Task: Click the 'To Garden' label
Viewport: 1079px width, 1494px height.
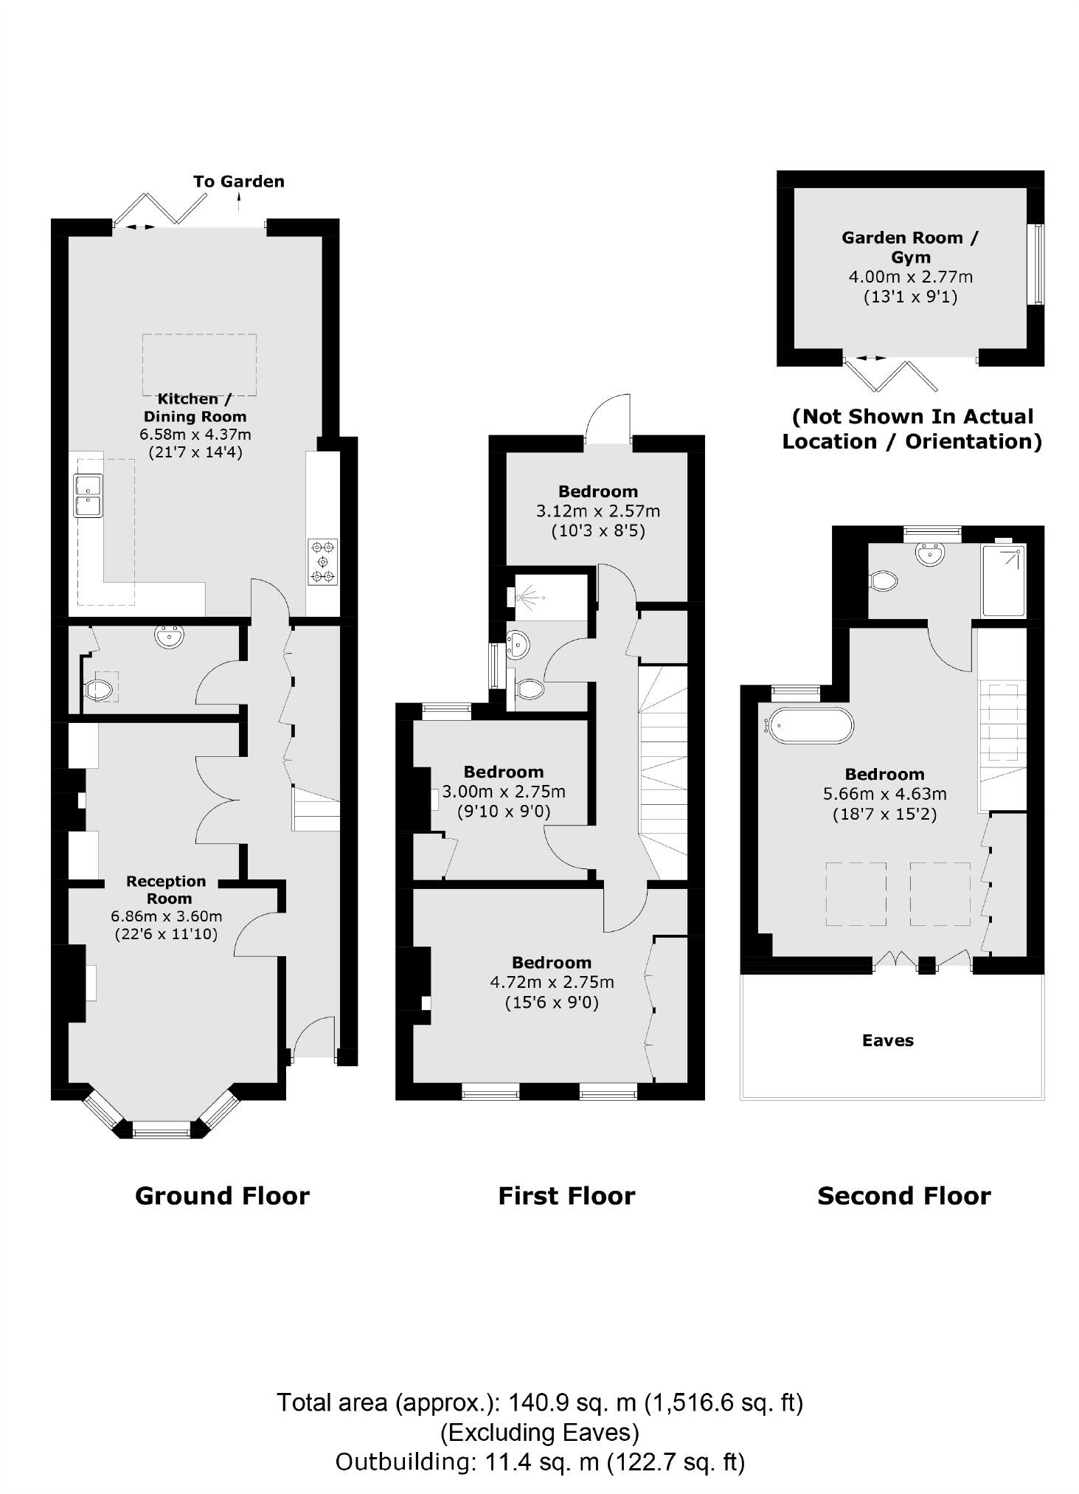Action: click(x=238, y=181)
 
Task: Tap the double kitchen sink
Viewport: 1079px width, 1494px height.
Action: click(x=88, y=496)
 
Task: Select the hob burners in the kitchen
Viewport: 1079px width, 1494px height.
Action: click(x=323, y=561)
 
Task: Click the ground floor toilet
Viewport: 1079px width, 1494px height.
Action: click(x=99, y=690)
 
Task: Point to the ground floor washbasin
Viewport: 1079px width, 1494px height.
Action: click(x=170, y=637)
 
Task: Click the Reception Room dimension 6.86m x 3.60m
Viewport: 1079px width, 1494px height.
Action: click(x=167, y=916)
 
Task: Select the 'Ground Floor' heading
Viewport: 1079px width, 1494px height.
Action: click(x=222, y=1195)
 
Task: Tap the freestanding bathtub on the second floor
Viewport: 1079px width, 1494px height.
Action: click(x=810, y=724)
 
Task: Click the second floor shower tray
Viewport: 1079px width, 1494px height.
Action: click(x=1003, y=581)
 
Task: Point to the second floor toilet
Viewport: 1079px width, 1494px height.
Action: click(x=884, y=581)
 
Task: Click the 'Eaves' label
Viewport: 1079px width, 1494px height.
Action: click(x=887, y=1040)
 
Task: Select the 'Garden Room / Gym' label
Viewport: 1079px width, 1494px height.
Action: click(x=910, y=247)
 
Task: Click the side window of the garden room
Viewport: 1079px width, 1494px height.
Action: click(x=1036, y=263)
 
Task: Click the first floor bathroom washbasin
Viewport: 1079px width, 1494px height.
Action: click(x=518, y=644)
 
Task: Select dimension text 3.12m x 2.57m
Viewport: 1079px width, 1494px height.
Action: click(x=597, y=511)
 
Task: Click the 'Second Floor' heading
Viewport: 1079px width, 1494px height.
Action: click(x=903, y=1195)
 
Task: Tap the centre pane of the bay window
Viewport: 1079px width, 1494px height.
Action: click(x=161, y=1128)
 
